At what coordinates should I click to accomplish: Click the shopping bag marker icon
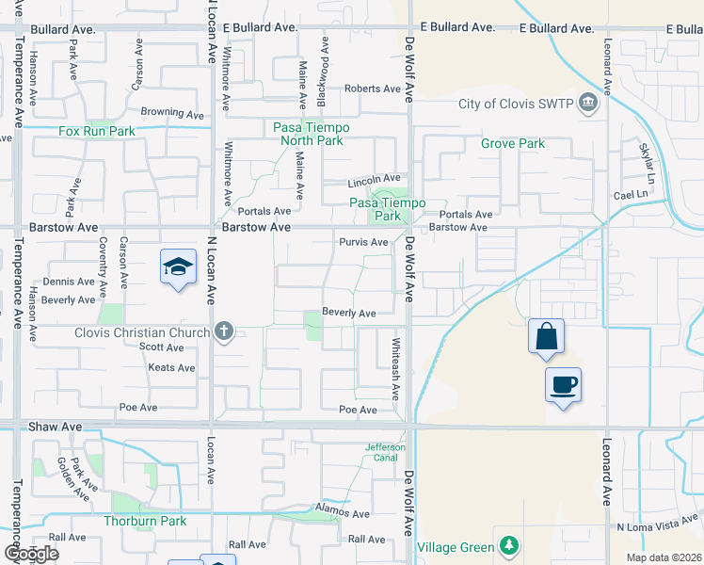(547, 337)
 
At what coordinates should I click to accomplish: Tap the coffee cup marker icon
(563, 385)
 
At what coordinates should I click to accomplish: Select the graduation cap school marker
(178, 268)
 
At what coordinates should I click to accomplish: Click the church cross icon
(223, 331)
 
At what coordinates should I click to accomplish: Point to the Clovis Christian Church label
(141, 332)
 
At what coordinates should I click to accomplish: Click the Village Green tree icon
(508, 545)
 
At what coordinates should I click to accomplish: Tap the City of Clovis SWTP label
(516, 104)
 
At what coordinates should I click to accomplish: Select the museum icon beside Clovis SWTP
(589, 102)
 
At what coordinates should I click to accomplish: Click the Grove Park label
(513, 144)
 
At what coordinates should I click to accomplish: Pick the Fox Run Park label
(97, 132)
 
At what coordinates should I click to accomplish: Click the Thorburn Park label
(145, 521)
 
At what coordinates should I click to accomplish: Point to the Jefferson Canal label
(385, 453)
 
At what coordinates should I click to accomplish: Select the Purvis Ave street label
(364, 242)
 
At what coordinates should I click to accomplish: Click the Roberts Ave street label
(373, 89)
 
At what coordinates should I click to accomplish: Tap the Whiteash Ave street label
(396, 367)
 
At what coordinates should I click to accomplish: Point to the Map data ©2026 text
(663, 557)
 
